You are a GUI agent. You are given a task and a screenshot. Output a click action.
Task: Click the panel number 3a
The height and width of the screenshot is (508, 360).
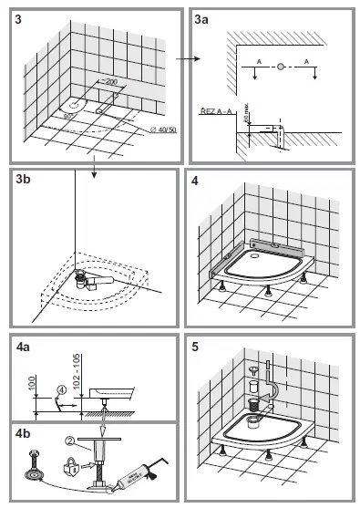(x=207, y=18)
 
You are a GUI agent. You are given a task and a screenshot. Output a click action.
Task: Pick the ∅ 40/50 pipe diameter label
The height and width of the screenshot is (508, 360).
(x=163, y=130)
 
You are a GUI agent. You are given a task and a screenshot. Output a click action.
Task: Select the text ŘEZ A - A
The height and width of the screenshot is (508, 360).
(x=215, y=109)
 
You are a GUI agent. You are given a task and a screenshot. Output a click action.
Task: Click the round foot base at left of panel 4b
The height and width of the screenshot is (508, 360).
(x=34, y=475)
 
